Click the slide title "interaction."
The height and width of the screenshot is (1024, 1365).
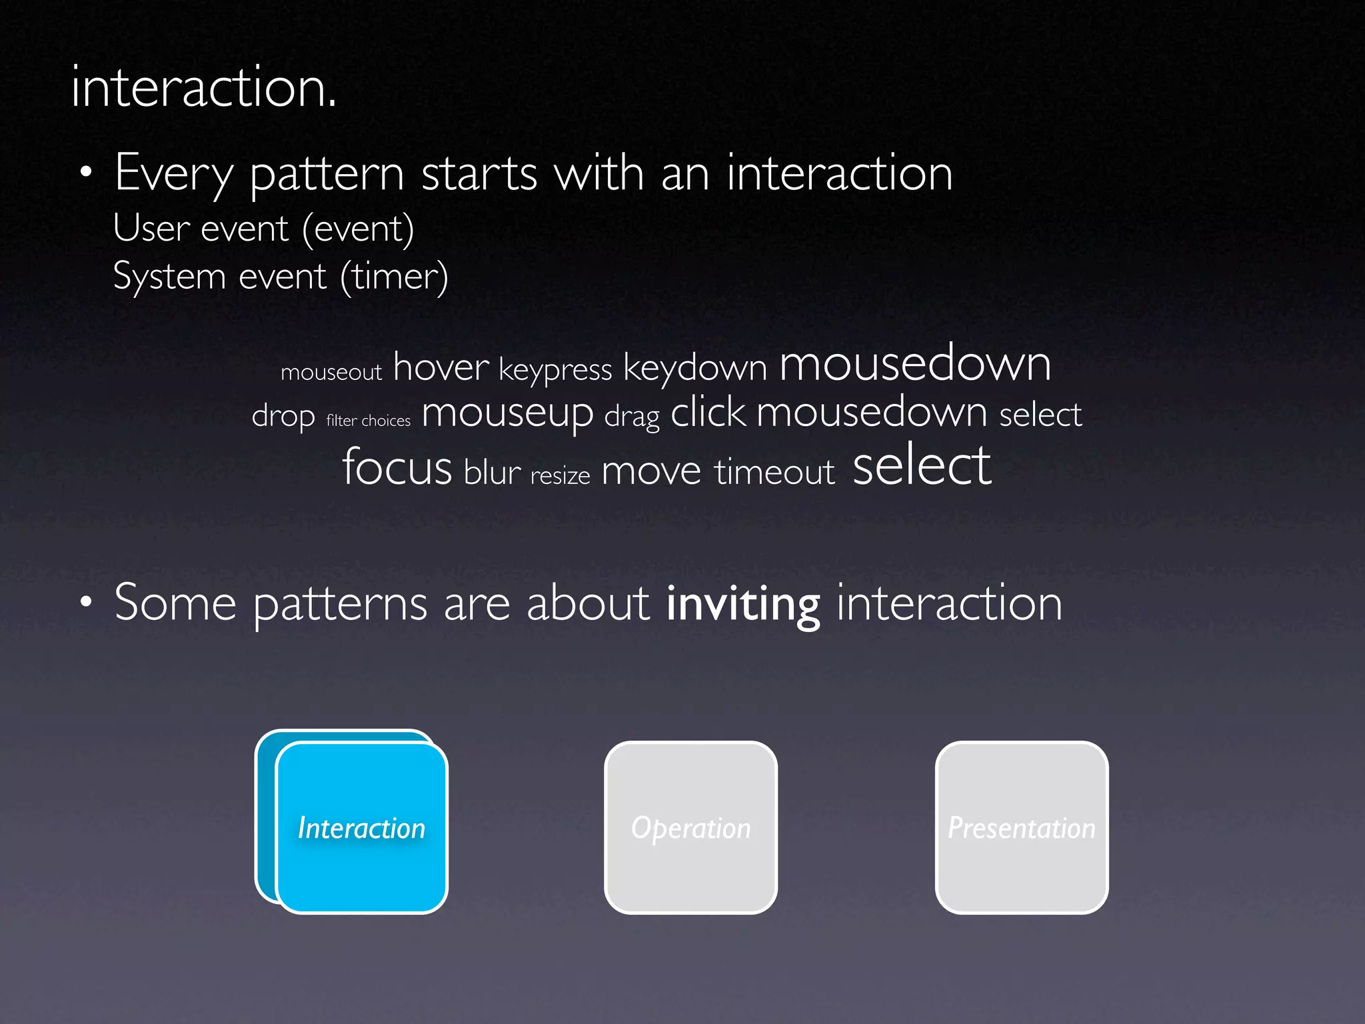203,88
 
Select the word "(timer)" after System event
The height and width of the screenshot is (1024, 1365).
394,276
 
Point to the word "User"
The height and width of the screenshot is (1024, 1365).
151,228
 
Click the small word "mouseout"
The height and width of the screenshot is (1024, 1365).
331,372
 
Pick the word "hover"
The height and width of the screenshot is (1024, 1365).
441,367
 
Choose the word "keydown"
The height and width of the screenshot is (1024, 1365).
694,368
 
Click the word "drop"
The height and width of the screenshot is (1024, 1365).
283,417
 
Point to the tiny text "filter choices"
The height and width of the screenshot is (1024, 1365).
368,421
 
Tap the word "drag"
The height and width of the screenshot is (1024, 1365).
631,417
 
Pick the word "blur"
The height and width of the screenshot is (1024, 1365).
492,473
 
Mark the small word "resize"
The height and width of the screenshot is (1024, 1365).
560,476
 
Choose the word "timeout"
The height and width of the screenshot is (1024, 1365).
774,472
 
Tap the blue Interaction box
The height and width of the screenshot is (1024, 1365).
361,827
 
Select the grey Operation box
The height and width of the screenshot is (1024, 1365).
690,827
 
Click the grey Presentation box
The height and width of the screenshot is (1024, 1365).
1021,827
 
